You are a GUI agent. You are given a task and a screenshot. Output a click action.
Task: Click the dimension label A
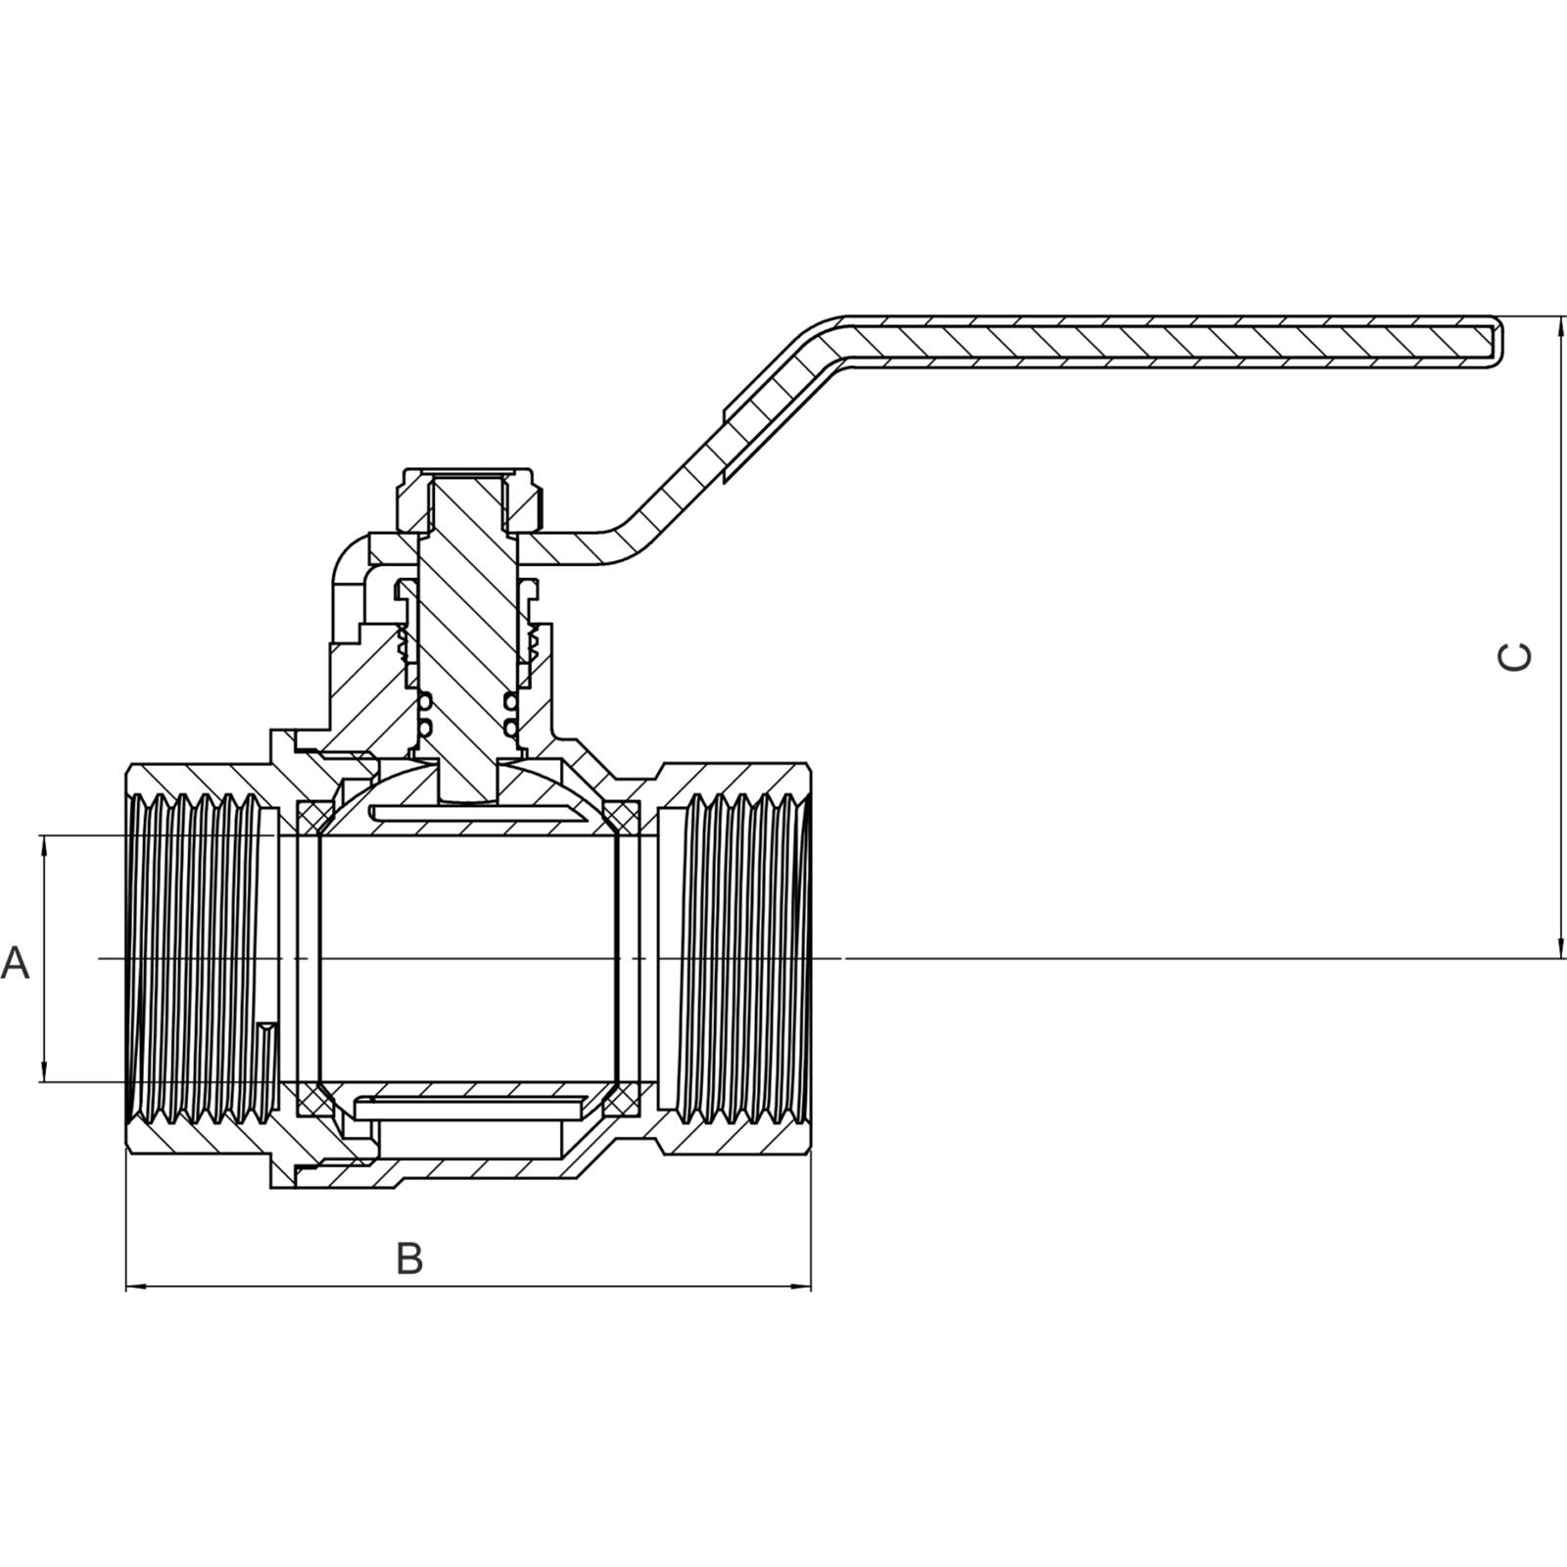point(16,963)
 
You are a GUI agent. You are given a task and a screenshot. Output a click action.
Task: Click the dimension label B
point(409,1258)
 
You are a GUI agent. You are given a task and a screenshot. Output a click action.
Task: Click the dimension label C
point(1515,657)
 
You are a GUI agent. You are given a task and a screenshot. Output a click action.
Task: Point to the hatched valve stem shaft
point(467,637)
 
